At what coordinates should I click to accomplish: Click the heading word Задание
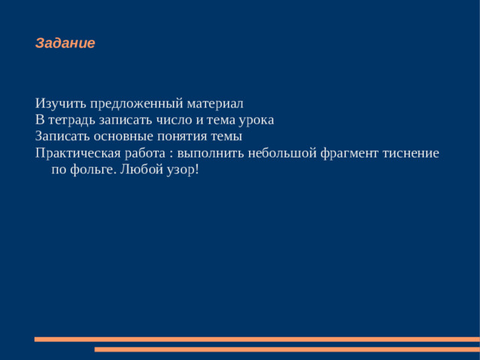click(65, 43)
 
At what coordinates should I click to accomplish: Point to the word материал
click(216, 103)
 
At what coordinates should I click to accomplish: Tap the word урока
click(256, 120)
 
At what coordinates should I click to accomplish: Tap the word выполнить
click(208, 153)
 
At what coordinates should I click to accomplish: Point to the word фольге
click(91, 169)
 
